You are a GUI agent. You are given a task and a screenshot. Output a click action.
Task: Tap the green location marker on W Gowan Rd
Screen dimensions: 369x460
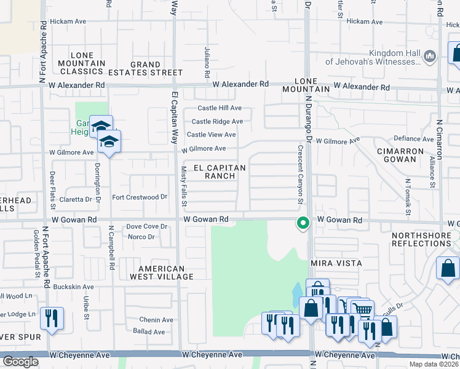pyautogui.click(x=302, y=223)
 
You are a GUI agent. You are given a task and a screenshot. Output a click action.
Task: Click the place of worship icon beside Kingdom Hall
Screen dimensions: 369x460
pyautogui.click(x=430, y=57)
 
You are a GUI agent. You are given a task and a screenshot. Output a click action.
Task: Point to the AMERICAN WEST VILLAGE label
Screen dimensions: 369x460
pyautogui.click(x=162, y=272)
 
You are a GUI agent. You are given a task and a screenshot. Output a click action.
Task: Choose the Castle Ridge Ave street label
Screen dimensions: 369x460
pyautogui.click(x=217, y=122)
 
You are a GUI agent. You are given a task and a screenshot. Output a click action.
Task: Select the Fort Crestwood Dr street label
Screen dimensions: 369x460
pyautogui.click(x=140, y=197)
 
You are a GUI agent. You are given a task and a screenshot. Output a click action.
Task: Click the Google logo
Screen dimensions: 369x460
pyautogui.click(x=20, y=362)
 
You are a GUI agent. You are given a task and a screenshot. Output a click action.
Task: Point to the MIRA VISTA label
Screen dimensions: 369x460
pyautogui.click(x=336, y=263)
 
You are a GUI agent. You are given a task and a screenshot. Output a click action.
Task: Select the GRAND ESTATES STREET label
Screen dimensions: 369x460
pyautogui.click(x=146, y=68)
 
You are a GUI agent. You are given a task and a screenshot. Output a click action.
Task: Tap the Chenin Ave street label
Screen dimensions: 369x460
pyautogui.click(x=156, y=320)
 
